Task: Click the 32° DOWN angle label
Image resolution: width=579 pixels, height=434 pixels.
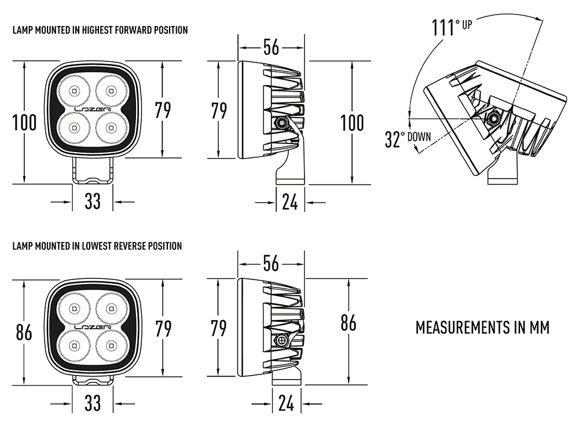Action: point(407,139)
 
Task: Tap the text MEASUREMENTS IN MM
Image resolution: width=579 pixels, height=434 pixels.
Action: point(482,327)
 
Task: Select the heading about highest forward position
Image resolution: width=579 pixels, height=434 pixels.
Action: point(100,30)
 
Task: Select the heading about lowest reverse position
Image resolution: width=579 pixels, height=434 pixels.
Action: point(97,246)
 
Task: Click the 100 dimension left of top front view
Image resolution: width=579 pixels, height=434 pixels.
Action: point(24,123)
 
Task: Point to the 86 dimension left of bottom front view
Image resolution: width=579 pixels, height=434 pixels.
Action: point(24,332)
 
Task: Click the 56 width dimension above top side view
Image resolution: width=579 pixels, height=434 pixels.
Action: point(271,47)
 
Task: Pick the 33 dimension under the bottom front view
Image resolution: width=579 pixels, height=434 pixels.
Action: point(93,403)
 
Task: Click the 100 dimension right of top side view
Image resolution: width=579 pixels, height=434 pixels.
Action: point(352,123)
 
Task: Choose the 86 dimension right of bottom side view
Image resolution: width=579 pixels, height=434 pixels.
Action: point(348,323)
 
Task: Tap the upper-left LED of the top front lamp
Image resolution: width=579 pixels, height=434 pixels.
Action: point(74,90)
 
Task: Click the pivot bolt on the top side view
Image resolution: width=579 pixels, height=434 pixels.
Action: point(282,122)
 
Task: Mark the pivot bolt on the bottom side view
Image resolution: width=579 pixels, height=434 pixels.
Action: point(283,340)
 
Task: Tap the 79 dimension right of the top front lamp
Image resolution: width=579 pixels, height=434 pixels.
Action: point(163,110)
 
